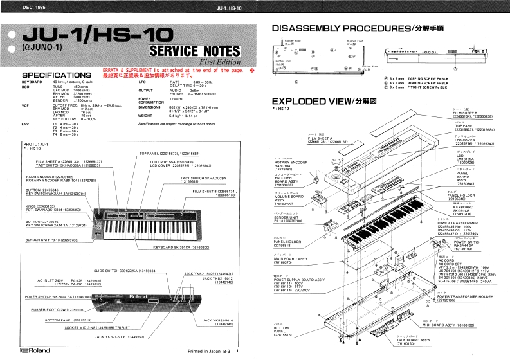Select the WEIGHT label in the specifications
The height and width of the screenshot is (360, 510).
coord(148,116)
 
